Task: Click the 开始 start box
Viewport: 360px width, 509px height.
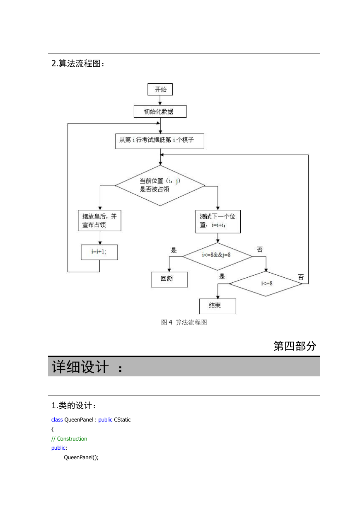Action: (160, 89)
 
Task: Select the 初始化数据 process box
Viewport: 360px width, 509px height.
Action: (160, 111)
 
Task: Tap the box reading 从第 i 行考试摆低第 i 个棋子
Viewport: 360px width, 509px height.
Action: (159, 141)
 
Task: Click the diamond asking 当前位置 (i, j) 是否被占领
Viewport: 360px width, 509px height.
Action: (160, 185)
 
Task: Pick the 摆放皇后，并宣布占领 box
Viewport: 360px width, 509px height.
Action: (99, 221)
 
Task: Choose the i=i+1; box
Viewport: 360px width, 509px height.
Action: (99, 252)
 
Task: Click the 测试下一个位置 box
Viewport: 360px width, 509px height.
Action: (218, 221)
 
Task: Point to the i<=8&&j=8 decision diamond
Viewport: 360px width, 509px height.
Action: (217, 256)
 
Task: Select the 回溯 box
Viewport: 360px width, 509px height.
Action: (169, 279)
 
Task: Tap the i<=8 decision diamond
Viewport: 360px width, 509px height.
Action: (266, 284)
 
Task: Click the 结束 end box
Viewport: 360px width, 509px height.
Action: (217, 306)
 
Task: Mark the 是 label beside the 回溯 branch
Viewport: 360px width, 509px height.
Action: (174, 250)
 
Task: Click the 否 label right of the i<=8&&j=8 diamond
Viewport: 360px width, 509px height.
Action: (260, 250)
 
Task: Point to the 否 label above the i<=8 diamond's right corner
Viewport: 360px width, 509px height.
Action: (301, 277)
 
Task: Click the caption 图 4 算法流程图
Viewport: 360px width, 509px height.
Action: (184, 322)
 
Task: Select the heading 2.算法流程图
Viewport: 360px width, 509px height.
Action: (78, 63)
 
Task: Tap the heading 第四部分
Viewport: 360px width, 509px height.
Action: (295, 346)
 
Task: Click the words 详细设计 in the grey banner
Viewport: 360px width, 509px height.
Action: (80, 366)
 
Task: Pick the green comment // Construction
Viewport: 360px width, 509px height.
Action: (69, 439)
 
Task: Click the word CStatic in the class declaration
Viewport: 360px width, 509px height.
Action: (122, 419)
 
